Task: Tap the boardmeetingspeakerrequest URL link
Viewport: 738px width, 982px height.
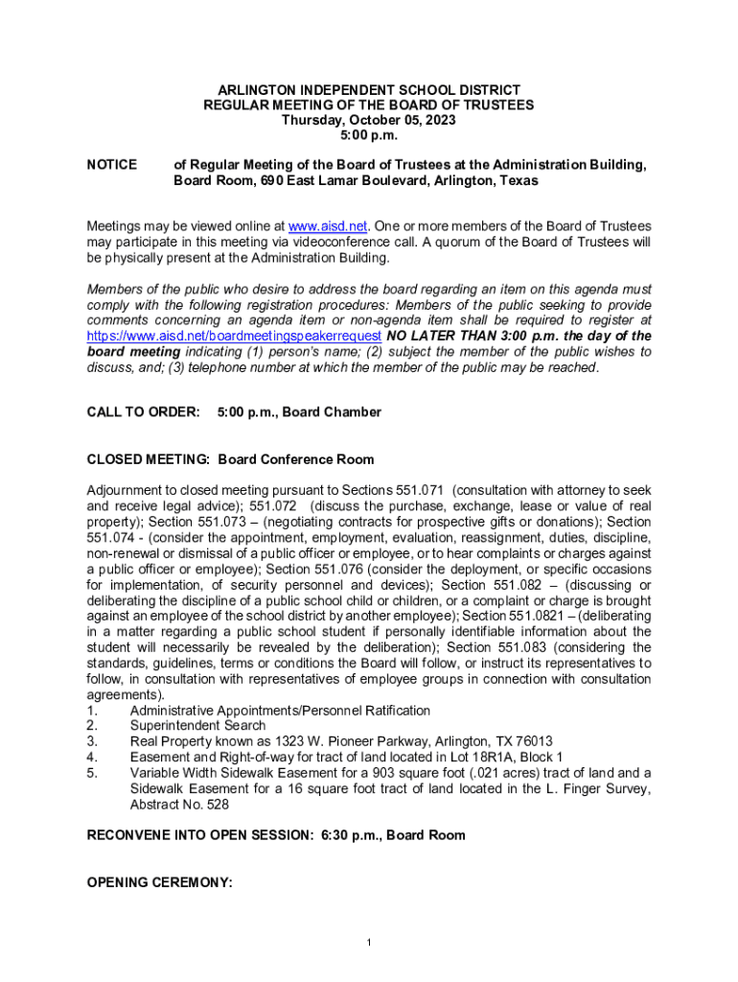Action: pos(235,336)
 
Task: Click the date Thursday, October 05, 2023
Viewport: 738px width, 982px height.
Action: pos(369,120)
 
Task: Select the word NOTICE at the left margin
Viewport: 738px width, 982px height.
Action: pos(111,165)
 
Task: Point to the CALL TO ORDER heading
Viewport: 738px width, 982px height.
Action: pos(143,411)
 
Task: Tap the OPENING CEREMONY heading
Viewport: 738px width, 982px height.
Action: pos(160,883)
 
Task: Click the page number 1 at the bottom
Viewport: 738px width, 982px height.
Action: pos(369,944)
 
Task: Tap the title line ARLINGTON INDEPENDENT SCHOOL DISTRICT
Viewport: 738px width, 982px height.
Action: pos(369,89)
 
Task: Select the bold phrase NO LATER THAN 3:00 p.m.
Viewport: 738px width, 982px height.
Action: pos(465,336)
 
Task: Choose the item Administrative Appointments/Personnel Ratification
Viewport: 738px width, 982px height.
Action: pos(280,711)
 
